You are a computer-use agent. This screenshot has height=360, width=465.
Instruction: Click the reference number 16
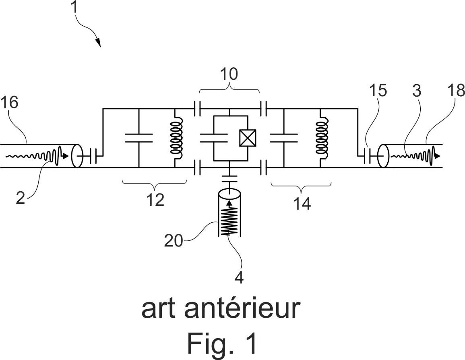click(10, 103)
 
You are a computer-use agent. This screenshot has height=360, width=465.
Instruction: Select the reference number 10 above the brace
click(229, 74)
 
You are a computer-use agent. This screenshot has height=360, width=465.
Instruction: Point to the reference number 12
click(155, 200)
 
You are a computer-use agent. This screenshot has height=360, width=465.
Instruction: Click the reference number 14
click(302, 204)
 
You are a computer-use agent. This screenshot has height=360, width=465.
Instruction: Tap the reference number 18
click(456, 90)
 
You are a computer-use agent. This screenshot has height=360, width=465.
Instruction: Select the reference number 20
click(174, 240)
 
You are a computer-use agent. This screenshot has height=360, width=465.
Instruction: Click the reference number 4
click(239, 277)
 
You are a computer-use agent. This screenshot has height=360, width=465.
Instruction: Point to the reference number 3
click(417, 91)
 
